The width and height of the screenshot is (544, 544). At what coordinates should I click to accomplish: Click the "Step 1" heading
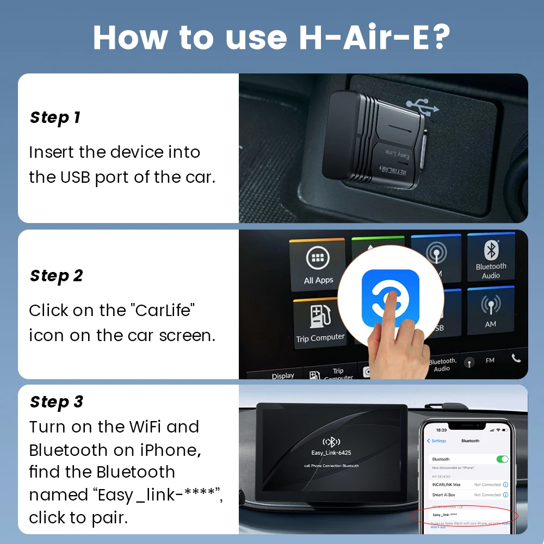55,118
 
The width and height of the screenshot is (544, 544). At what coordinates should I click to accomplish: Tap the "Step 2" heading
56,276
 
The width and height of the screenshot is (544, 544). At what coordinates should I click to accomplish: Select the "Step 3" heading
57,402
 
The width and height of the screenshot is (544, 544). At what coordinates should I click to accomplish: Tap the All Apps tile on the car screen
318,266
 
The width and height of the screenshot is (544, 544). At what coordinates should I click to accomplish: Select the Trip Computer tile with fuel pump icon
320,323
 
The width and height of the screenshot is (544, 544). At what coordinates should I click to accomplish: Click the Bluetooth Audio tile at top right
491,259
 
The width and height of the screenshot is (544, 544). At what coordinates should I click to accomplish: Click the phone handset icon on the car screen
516,358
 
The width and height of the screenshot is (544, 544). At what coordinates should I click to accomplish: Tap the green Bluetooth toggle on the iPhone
502,459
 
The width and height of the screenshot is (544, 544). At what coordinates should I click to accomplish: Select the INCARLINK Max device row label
446,484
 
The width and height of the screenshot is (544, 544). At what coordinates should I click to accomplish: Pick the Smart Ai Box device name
443,495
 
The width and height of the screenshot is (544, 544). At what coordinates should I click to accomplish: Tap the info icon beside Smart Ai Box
505,495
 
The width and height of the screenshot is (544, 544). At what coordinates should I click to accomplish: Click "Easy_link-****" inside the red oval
444,515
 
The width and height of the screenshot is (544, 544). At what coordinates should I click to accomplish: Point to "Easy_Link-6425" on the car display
331,453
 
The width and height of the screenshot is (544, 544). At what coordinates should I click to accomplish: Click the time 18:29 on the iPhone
441,430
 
